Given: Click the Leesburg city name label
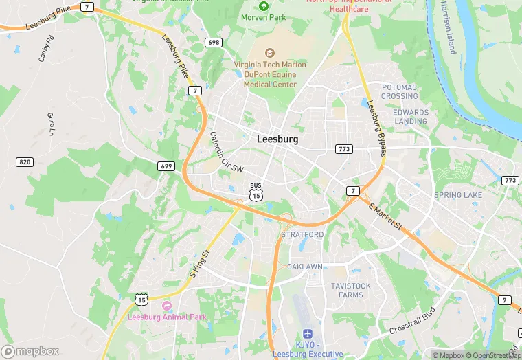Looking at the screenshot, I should click(x=277, y=139).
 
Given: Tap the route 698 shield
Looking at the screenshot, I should click(x=214, y=43).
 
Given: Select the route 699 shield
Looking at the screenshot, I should click(x=166, y=166).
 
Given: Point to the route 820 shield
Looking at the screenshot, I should click(x=25, y=161).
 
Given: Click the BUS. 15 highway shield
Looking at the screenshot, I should click(x=256, y=192).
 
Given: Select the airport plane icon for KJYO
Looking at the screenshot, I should click(x=306, y=333).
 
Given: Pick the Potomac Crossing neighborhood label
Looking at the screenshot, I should click(x=400, y=91).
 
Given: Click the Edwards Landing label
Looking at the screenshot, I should click(x=411, y=117).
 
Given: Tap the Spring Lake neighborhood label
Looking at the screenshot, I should click(x=458, y=195).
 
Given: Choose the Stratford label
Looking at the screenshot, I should click(x=302, y=234).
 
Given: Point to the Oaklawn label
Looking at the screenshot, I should click(x=305, y=266).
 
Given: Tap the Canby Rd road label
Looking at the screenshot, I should click(x=46, y=49).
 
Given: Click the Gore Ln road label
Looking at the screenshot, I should click(x=50, y=124).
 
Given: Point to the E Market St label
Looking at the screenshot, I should click(x=384, y=216).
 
